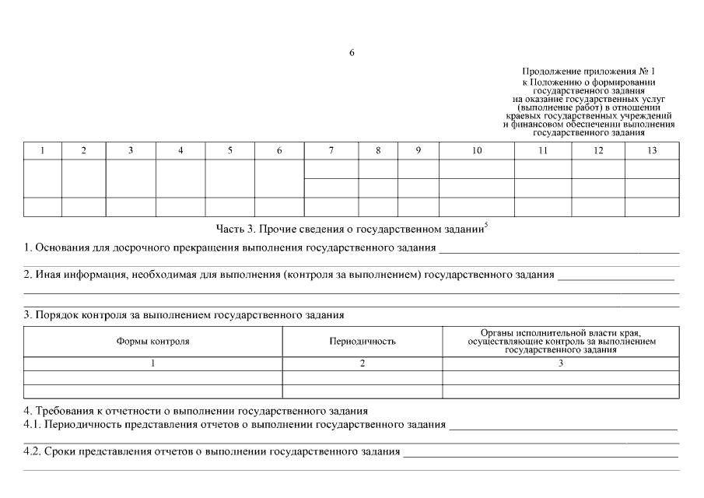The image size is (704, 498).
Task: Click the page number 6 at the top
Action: click(x=352, y=53)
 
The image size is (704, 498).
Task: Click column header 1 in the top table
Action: click(x=42, y=151)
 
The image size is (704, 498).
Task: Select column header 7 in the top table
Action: click(x=331, y=151)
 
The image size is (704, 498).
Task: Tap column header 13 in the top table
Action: click(x=651, y=151)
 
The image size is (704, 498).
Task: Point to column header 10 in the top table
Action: click(x=476, y=151)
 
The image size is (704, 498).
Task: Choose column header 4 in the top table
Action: click(x=180, y=151)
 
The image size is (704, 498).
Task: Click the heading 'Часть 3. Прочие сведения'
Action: click(x=349, y=230)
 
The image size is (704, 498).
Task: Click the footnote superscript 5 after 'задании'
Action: click(x=485, y=226)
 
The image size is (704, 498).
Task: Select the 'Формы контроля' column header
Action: click(x=152, y=342)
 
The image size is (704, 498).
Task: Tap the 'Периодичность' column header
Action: click(x=362, y=342)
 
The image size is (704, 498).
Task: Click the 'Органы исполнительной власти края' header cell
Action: click(x=560, y=342)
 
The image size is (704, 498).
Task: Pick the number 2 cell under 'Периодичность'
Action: click(x=362, y=363)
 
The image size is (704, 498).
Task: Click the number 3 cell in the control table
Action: click(x=560, y=363)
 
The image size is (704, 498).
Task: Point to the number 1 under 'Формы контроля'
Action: click(x=152, y=363)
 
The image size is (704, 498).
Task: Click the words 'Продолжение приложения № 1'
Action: click(x=588, y=72)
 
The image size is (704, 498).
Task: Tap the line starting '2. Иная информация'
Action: click(x=288, y=275)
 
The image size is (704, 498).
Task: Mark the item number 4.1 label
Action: click(x=32, y=425)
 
